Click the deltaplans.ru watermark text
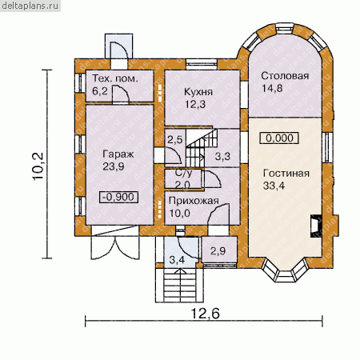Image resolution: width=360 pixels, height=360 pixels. coord(30,6)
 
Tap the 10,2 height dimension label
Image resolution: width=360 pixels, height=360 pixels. coord(38,166)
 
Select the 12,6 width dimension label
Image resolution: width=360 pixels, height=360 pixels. coord(206,314)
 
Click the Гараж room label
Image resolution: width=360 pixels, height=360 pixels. coord(118,154)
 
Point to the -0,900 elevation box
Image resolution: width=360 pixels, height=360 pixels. coord(118,197)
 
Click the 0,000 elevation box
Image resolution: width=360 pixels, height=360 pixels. coord(279,138)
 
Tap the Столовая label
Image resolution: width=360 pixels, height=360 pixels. coord(285,76)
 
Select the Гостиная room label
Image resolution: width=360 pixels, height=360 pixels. coord(286,174)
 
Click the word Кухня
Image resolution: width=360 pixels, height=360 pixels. coord(198,92)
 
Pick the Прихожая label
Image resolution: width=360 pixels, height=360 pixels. coord(194,201)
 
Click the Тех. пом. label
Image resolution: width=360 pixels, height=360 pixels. coord(115,78)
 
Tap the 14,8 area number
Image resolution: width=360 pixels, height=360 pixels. coord(272,88)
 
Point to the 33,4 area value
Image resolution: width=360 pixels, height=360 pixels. coord(274,186)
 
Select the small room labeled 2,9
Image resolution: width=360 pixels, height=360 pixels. coord(219,250)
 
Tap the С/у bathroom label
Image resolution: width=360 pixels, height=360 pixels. coord(183,174)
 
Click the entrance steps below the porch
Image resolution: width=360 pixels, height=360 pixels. coord(180,285)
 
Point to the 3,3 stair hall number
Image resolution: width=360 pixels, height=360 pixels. coord(222,156)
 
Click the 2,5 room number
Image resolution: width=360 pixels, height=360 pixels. coord(174,139)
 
